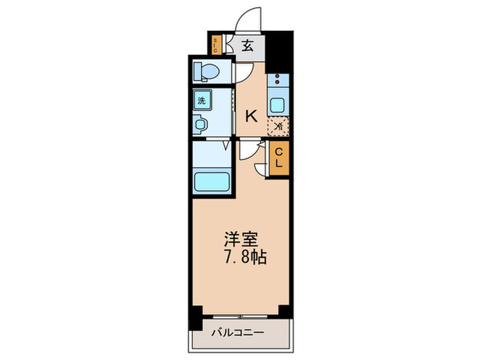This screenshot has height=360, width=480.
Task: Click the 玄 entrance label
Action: (x=248, y=46)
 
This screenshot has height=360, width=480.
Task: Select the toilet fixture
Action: (x=206, y=71)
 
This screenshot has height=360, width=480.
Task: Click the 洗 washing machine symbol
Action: (x=202, y=100)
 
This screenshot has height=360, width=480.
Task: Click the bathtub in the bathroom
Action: (x=213, y=181)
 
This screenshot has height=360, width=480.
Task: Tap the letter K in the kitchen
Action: (x=252, y=116)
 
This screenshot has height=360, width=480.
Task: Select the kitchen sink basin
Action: (x=278, y=104)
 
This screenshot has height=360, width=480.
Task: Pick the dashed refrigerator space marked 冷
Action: (x=278, y=126)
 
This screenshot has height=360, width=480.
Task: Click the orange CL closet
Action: (x=280, y=160)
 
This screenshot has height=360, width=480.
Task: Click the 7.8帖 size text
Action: (x=244, y=259)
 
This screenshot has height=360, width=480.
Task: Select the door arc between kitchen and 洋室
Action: (x=248, y=152)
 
